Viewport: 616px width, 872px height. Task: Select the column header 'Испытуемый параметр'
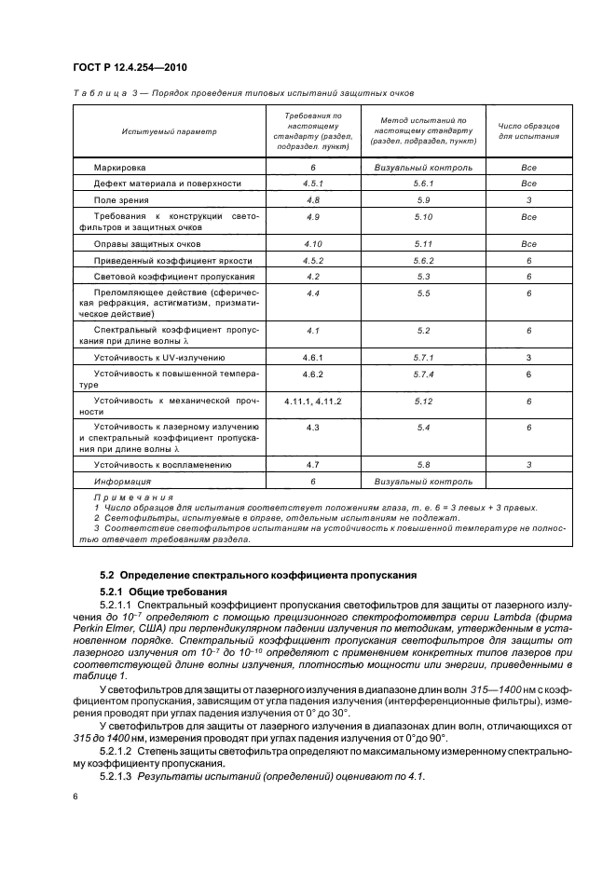pos(169,131)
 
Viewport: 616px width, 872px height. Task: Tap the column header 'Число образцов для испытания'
pos(528,131)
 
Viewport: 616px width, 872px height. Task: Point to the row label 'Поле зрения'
pos(122,200)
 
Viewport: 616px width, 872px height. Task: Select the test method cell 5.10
pos(423,217)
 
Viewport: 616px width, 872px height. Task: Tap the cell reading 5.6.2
pos(423,261)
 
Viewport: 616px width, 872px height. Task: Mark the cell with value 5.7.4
pos(423,374)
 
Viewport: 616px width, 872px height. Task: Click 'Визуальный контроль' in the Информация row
pos(423,482)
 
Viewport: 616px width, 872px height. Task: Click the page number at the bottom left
pos(76,797)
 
